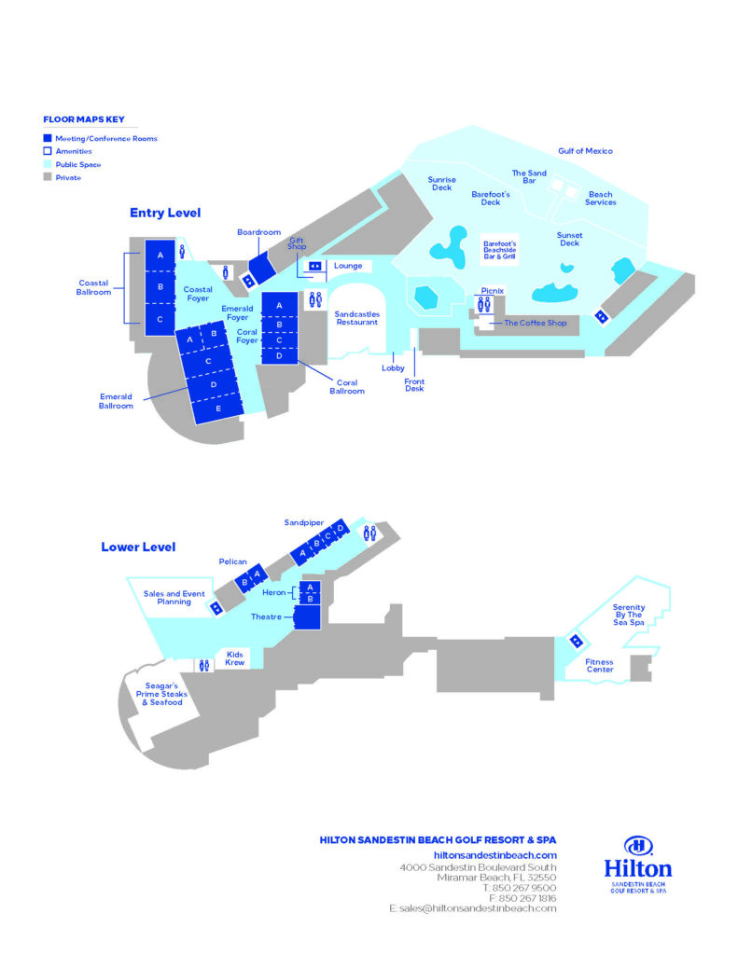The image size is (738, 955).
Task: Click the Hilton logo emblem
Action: click(x=638, y=846)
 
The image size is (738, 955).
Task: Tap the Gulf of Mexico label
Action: click(x=585, y=151)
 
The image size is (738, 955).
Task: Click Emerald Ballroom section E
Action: click(x=219, y=407)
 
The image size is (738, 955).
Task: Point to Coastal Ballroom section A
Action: click(x=160, y=255)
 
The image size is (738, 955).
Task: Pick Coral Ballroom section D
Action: click(x=279, y=355)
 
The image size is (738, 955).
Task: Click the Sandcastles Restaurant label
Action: click(x=357, y=318)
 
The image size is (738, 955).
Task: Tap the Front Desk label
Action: click(x=414, y=384)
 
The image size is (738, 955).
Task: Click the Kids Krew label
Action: click(x=235, y=658)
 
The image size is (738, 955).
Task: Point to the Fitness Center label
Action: click(x=599, y=665)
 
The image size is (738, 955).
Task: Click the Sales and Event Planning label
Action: click(x=174, y=598)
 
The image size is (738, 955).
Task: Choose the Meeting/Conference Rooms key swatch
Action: click(x=48, y=138)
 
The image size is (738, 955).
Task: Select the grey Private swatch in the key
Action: click(x=48, y=177)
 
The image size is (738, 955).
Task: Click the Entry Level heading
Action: click(x=164, y=213)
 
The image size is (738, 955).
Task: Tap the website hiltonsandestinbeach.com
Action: click(x=495, y=854)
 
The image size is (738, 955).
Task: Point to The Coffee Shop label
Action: click(x=535, y=323)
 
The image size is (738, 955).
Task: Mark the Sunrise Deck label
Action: click(x=441, y=184)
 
